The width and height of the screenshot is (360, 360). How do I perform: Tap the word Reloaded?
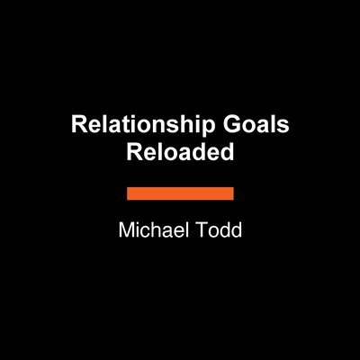coord(181,151)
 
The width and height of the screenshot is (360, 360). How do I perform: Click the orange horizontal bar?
coord(180,193)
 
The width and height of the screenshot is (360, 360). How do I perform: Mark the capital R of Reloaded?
coord(132,151)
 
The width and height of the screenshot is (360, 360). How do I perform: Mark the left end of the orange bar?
coord(129,193)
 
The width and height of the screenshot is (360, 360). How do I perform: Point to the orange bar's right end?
coord(232,193)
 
